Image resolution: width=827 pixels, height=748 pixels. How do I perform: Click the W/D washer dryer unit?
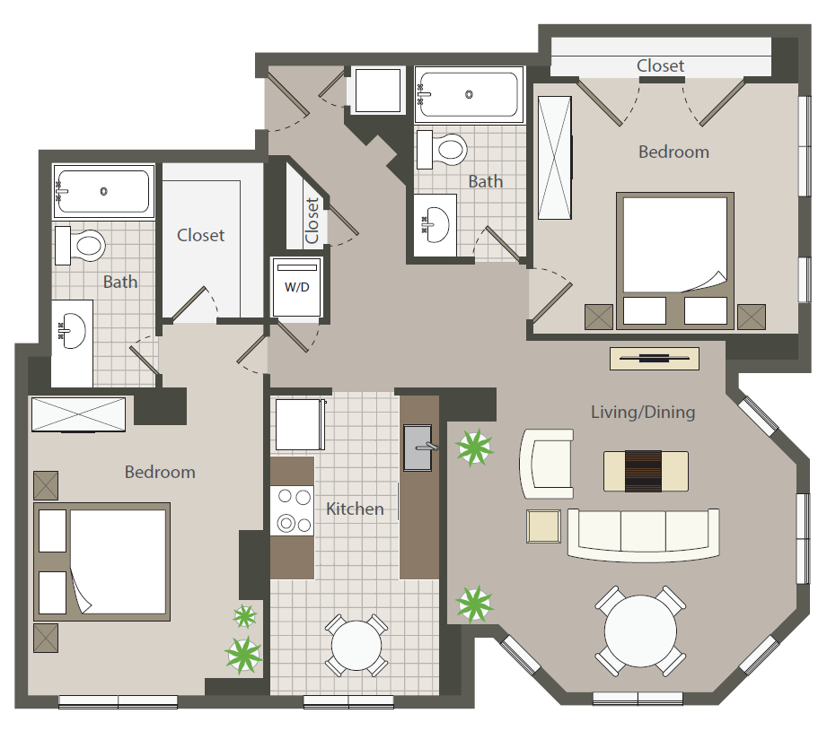[x=296, y=288]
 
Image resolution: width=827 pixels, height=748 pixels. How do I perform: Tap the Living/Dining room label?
[x=643, y=413]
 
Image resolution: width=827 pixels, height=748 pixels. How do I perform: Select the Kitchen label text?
[x=355, y=509]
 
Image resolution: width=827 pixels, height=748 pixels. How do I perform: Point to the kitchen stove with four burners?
[x=292, y=509]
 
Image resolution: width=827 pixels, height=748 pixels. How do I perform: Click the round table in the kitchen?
[x=356, y=643]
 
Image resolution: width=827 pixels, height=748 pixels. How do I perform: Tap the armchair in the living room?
[x=547, y=463]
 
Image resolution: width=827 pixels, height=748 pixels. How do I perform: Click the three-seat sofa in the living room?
[x=643, y=532]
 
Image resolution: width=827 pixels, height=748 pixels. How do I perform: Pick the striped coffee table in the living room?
[x=646, y=471]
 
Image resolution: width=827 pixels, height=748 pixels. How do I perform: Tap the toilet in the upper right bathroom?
[x=442, y=149]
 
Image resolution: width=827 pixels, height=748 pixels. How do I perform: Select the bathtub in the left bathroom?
[x=101, y=191]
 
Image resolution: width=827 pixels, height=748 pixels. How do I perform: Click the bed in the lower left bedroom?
[x=102, y=561]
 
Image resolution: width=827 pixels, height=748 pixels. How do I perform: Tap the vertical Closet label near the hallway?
[x=312, y=221]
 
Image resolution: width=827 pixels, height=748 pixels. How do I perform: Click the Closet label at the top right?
[x=660, y=65]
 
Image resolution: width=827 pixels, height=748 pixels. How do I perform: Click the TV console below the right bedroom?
[x=655, y=358]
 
